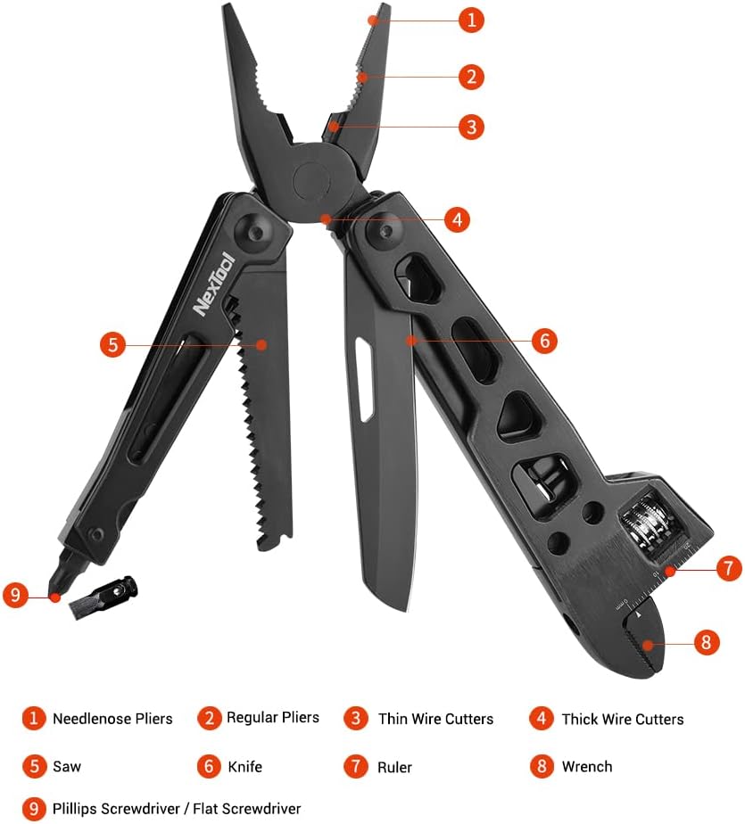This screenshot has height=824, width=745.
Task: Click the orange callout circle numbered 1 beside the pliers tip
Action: (x=471, y=20)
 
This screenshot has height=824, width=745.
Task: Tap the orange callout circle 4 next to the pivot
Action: (x=457, y=219)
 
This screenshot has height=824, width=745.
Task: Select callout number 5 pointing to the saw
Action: (x=113, y=345)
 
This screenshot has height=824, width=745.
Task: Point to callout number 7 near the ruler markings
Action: (x=729, y=568)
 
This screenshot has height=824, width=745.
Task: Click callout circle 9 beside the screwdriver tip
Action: (x=16, y=596)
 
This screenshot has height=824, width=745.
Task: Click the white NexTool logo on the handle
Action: (x=213, y=284)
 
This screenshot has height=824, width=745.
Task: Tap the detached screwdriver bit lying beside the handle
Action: (x=103, y=597)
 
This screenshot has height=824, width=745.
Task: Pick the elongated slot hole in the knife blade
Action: (x=364, y=379)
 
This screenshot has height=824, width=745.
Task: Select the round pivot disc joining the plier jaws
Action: (x=311, y=181)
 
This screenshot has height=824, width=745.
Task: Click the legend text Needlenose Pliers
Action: (x=112, y=719)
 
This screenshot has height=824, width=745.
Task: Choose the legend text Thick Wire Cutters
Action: (x=623, y=719)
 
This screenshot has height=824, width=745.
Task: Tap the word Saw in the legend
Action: (x=67, y=766)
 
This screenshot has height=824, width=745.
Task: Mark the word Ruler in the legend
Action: (x=394, y=767)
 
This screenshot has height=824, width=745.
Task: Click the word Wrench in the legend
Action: (x=587, y=767)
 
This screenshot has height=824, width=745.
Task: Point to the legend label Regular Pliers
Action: (x=272, y=717)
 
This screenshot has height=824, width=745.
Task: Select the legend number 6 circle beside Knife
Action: (x=209, y=766)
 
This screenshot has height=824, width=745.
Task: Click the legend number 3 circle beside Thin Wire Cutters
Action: (x=355, y=719)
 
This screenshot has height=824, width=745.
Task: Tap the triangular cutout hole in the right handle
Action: (x=517, y=417)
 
